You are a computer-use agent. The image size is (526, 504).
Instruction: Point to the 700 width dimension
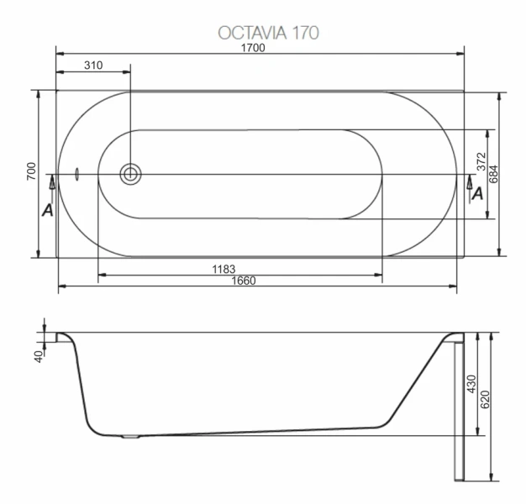tap(30, 173)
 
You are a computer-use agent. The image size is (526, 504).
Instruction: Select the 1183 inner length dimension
tap(223, 269)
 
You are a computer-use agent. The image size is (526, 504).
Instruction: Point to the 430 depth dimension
tap(471, 384)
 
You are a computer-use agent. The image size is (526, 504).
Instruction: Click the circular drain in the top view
tap(130, 175)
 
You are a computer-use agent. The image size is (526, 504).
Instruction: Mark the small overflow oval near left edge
tap(76, 175)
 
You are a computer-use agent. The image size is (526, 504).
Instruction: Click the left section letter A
tap(48, 209)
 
